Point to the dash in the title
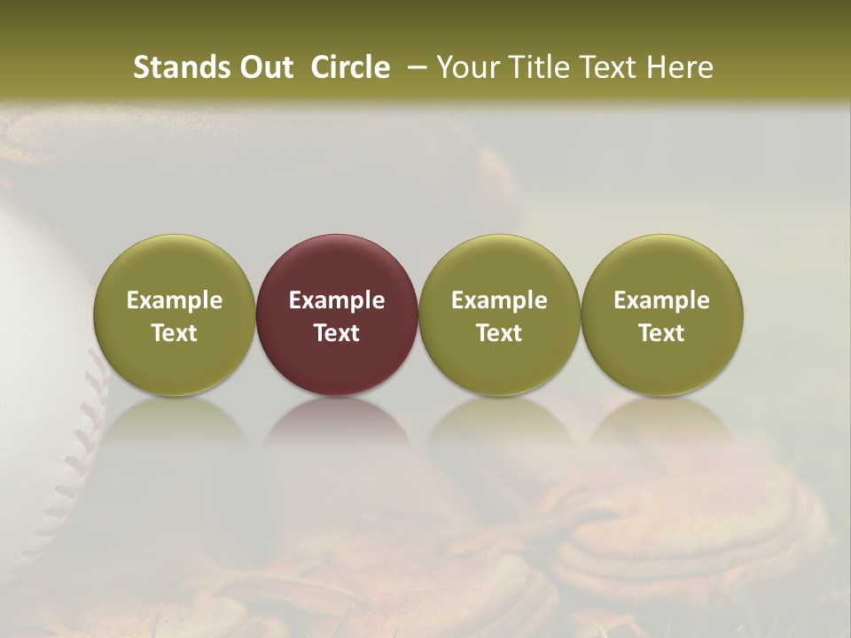coord(412,68)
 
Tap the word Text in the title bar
coord(609,67)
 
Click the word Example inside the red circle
coord(337,300)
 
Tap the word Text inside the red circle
coord(337,333)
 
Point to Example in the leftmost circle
coord(175,300)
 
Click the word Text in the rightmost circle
coord(662,333)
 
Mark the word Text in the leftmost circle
coord(175,333)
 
